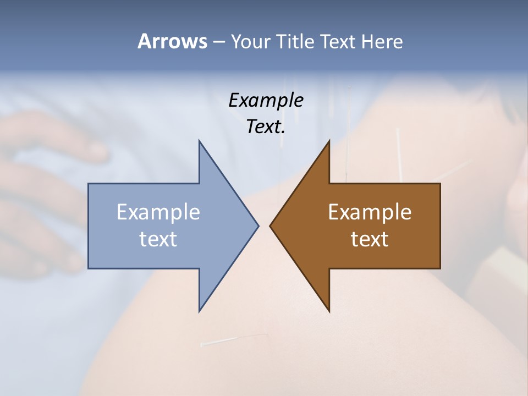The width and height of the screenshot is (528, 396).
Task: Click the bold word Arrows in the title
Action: click(x=172, y=41)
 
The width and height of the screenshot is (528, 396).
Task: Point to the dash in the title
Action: click(x=218, y=42)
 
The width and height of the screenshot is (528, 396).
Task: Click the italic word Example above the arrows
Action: click(x=266, y=101)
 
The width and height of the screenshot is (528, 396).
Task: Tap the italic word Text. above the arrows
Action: click(x=266, y=127)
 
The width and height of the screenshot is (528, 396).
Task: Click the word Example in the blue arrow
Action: click(x=158, y=212)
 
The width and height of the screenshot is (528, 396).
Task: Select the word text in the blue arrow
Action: click(x=158, y=239)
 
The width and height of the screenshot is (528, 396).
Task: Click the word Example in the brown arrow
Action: click(x=370, y=212)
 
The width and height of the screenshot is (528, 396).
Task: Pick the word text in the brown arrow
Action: click(x=370, y=239)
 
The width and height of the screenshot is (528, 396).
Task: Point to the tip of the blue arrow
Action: click(x=258, y=226)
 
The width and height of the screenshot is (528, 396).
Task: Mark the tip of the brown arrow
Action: click(x=270, y=226)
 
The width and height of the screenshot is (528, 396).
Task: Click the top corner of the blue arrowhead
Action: click(x=199, y=141)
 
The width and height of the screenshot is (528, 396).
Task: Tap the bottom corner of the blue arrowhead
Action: click(x=199, y=311)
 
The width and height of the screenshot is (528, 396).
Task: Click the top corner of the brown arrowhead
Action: click(x=329, y=141)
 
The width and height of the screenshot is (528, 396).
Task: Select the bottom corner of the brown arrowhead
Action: click(x=329, y=311)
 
